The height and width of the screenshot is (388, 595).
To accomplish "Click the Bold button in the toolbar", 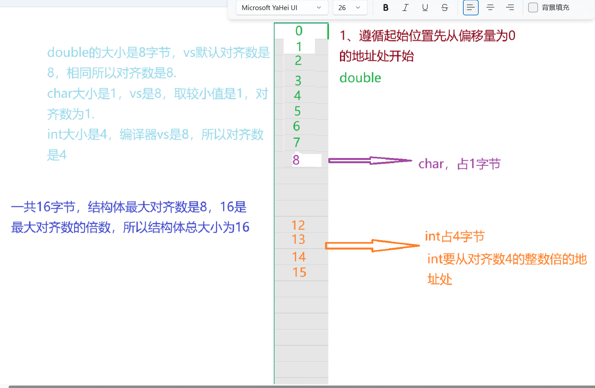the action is (386, 8).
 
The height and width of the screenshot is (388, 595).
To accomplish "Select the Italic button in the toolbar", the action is (405, 8).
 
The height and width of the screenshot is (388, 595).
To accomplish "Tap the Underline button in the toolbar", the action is (425, 8).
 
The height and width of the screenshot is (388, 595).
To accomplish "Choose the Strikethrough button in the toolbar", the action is (444, 8).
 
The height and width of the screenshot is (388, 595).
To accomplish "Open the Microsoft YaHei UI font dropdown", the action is (282, 8).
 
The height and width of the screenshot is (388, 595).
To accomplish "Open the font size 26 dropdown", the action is (350, 8).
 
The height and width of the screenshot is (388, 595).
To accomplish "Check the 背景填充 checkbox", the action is (533, 7).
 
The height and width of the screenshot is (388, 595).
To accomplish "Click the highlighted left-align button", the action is (470, 8).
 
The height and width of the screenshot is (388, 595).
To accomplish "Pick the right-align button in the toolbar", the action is (510, 8).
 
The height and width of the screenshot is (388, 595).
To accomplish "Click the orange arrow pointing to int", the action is (372, 246).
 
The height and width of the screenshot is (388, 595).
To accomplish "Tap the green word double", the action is (360, 78).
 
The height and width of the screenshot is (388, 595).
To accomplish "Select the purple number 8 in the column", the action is (296, 160).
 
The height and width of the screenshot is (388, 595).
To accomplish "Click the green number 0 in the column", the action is (299, 31).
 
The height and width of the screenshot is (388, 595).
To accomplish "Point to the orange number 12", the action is (298, 225).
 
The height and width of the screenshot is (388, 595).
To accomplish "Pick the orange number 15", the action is (299, 272).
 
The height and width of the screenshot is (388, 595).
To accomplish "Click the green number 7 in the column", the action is (296, 142).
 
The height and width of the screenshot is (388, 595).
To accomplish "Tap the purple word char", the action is (431, 164).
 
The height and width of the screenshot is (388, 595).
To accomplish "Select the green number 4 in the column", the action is (297, 96).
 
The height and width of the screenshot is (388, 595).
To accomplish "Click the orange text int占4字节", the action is (455, 237).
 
